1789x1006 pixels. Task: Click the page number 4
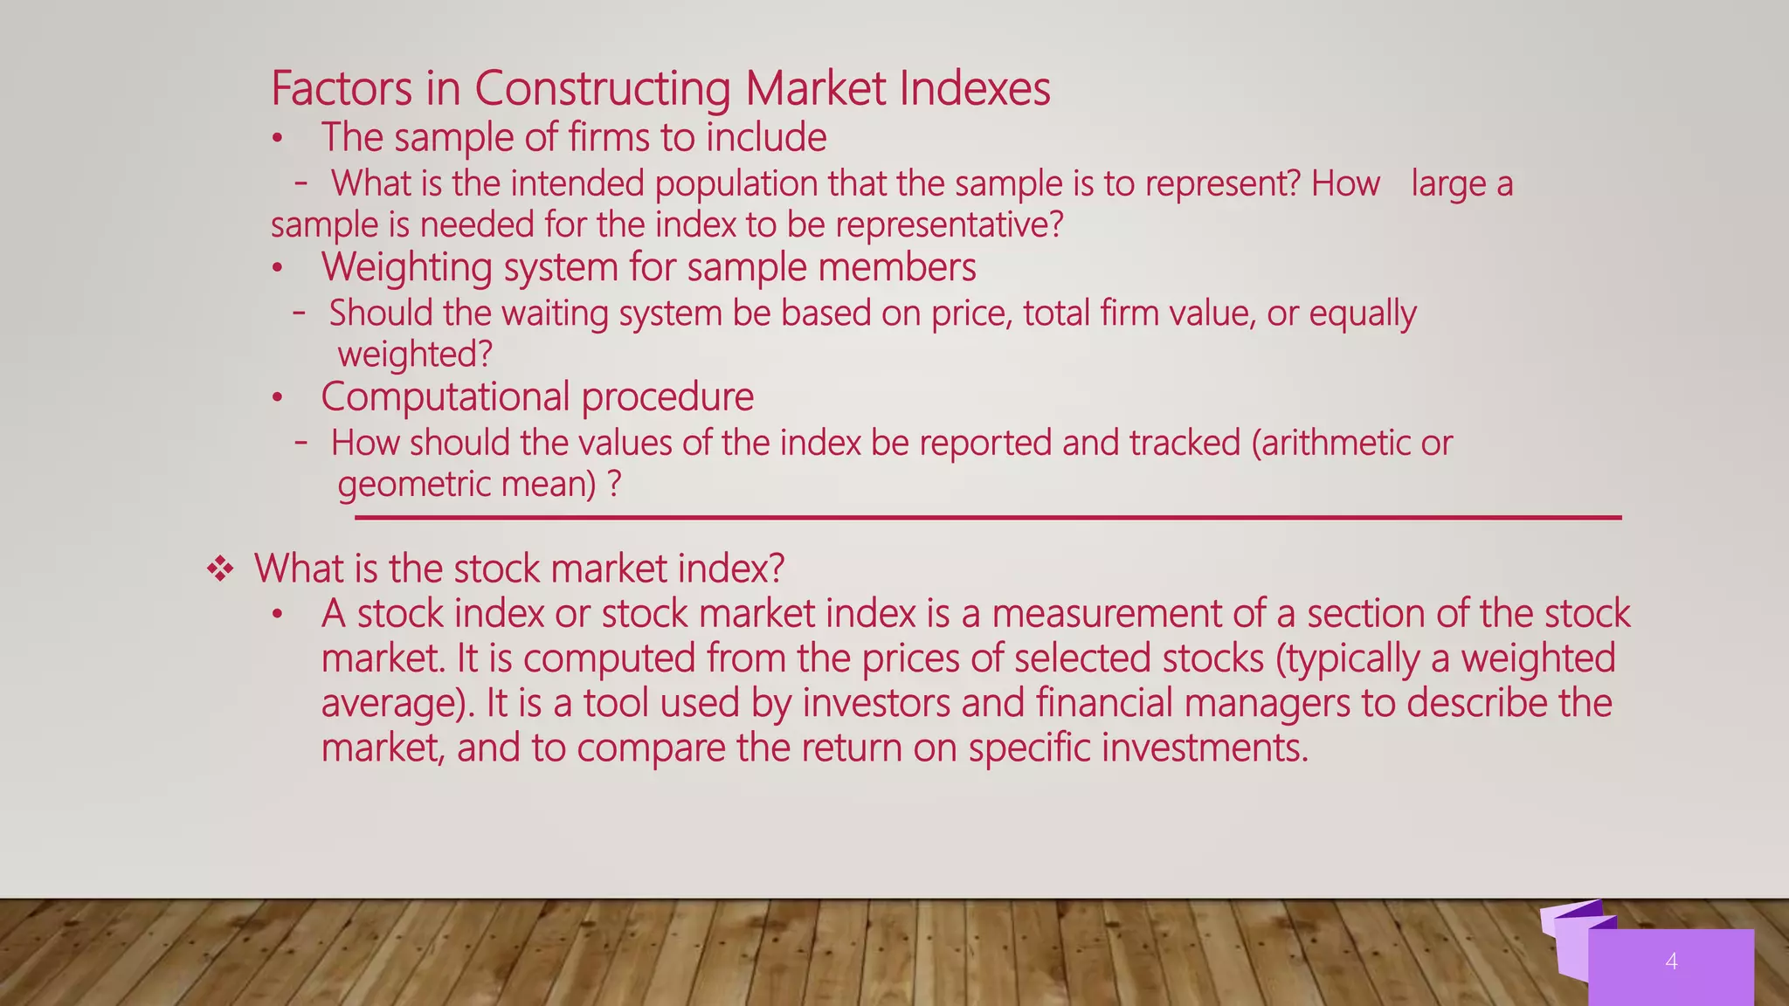1671,961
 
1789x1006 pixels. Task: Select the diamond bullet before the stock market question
220,570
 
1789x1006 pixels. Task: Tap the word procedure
667,397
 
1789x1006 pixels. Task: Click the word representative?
950,225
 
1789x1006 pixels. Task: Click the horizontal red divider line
987,518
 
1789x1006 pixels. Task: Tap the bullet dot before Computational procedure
278,398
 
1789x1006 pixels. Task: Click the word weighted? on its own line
415,355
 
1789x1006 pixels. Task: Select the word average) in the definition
397,704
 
